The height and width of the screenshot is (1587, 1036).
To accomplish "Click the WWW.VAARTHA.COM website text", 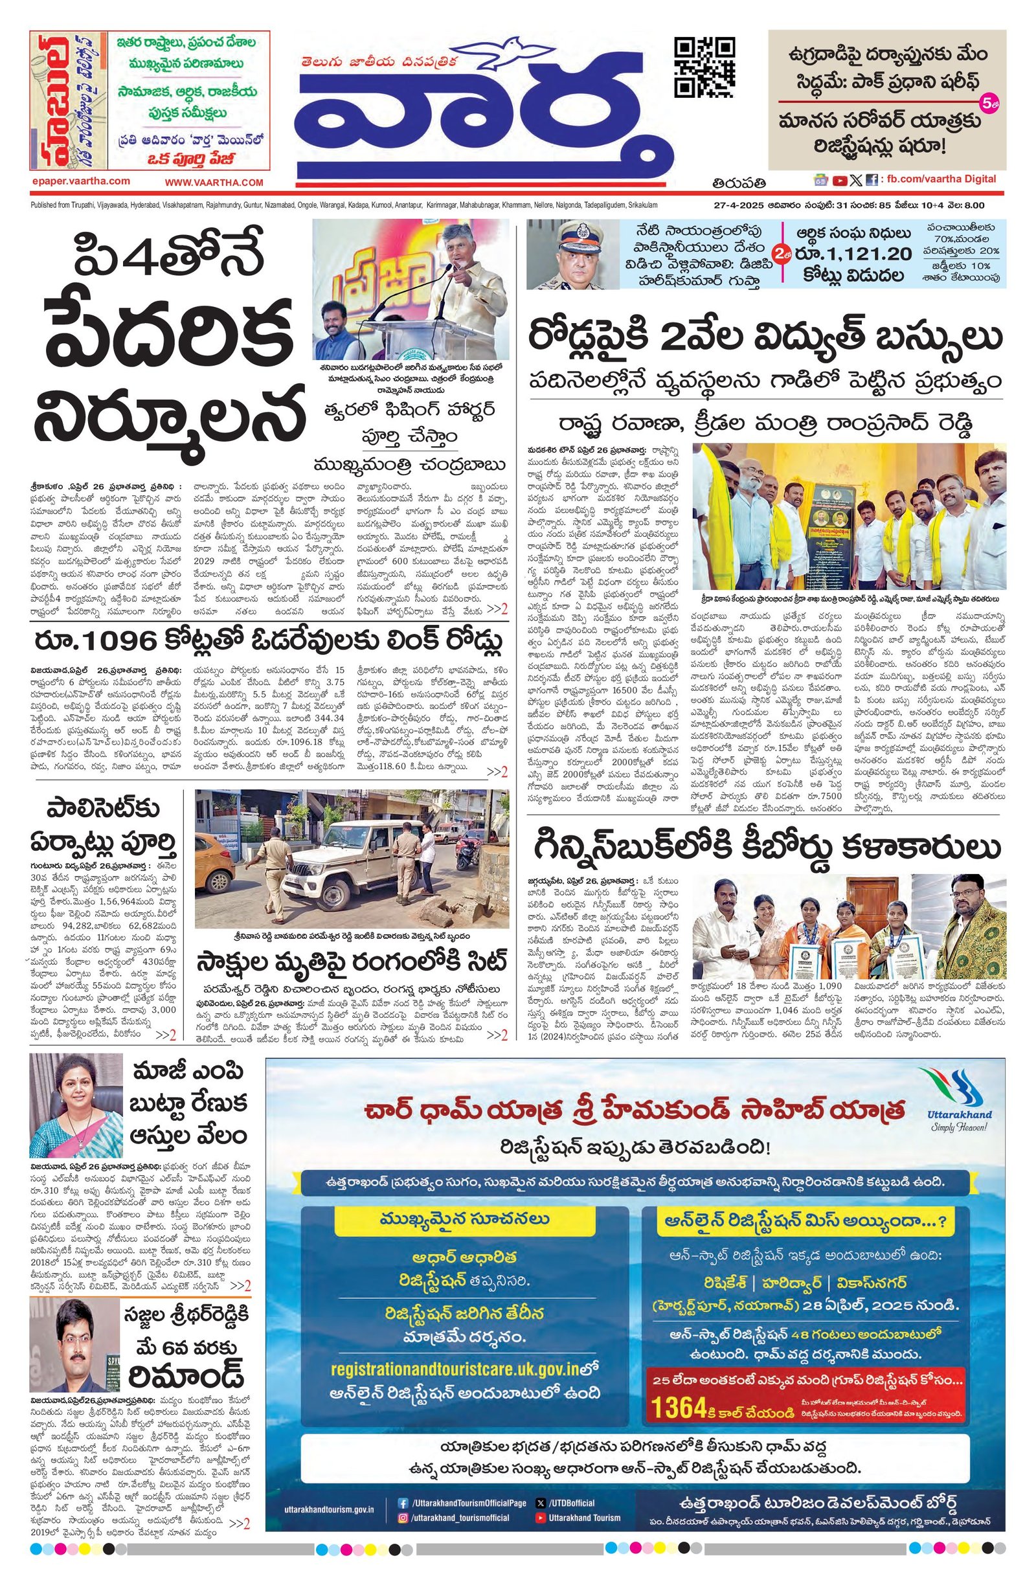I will [x=214, y=182].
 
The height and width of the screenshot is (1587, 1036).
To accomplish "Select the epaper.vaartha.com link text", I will [x=80, y=181].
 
